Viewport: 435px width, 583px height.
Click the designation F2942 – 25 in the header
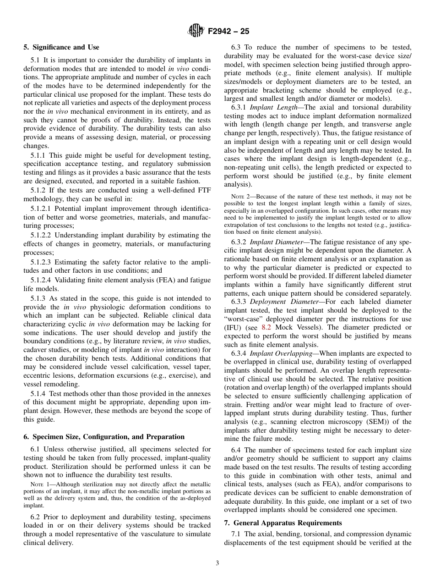click(228, 32)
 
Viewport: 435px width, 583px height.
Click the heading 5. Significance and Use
click(61, 47)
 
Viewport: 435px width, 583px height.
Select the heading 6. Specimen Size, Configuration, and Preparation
click(104, 437)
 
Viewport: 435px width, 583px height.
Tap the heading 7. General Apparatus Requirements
click(283, 522)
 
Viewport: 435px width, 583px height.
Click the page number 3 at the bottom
click(217, 563)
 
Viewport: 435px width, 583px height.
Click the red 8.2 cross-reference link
click(266, 327)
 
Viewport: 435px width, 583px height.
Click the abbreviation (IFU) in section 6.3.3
click(233, 327)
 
